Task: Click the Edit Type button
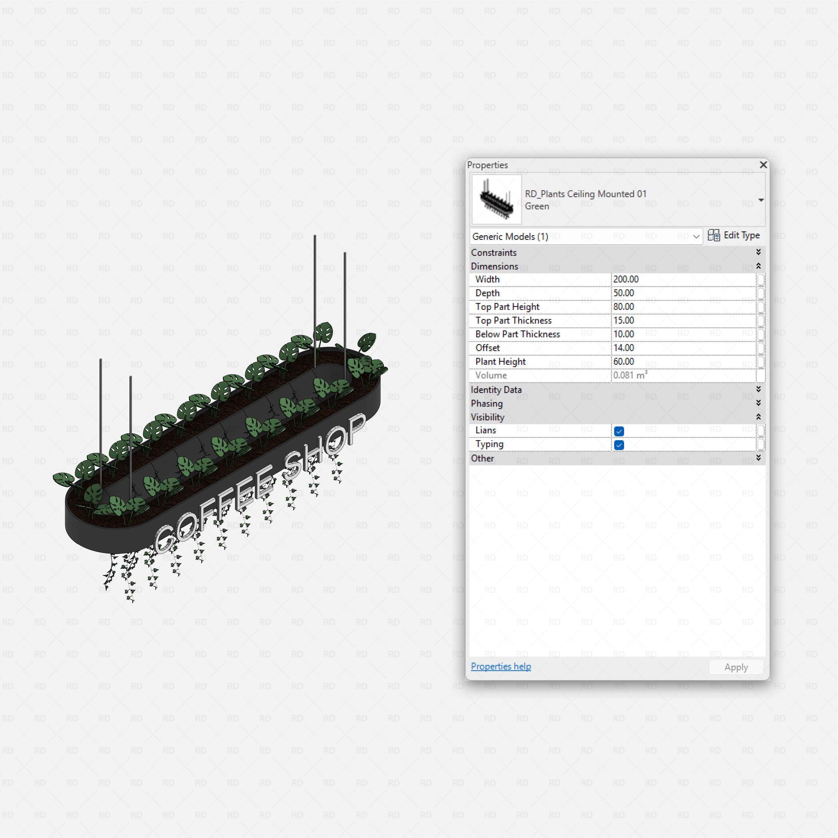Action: pos(734,235)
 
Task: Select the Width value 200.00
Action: pos(626,279)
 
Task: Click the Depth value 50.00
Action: pos(624,293)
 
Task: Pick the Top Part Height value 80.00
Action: pos(624,307)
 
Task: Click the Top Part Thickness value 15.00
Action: pos(624,321)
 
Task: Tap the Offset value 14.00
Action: pos(624,348)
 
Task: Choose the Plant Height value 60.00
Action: pos(624,362)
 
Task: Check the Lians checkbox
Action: pos(619,431)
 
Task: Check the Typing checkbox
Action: pos(619,445)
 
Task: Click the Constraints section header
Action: pos(494,252)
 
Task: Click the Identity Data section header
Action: pos(496,389)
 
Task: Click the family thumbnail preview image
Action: pos(496,199)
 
